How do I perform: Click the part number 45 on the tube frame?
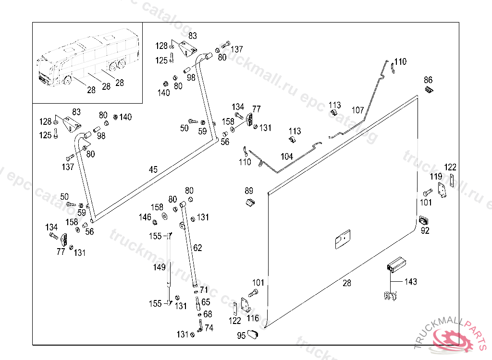(x=153, y=169)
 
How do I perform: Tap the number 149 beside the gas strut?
(x=159, y=267)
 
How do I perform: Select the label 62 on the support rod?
(x=197, y=248)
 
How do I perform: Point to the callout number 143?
(x=411, y=282)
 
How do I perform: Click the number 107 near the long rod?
(x=357, y=110)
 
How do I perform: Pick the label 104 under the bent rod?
(x=287, y=156)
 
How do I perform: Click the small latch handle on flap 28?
(x=343, y=239)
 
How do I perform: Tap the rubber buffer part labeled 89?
(x=250, y=203)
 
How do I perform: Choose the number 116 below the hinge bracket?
(x=253, y=318)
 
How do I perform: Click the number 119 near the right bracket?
(x=436, y=176)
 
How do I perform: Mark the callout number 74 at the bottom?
(x=209, y=328)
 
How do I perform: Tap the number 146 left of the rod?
(x=145, y=217)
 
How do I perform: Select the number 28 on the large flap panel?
(x=347, y=283)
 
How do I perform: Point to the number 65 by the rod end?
(x=206, y=302)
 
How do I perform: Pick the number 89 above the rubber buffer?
(x=249, y=191)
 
